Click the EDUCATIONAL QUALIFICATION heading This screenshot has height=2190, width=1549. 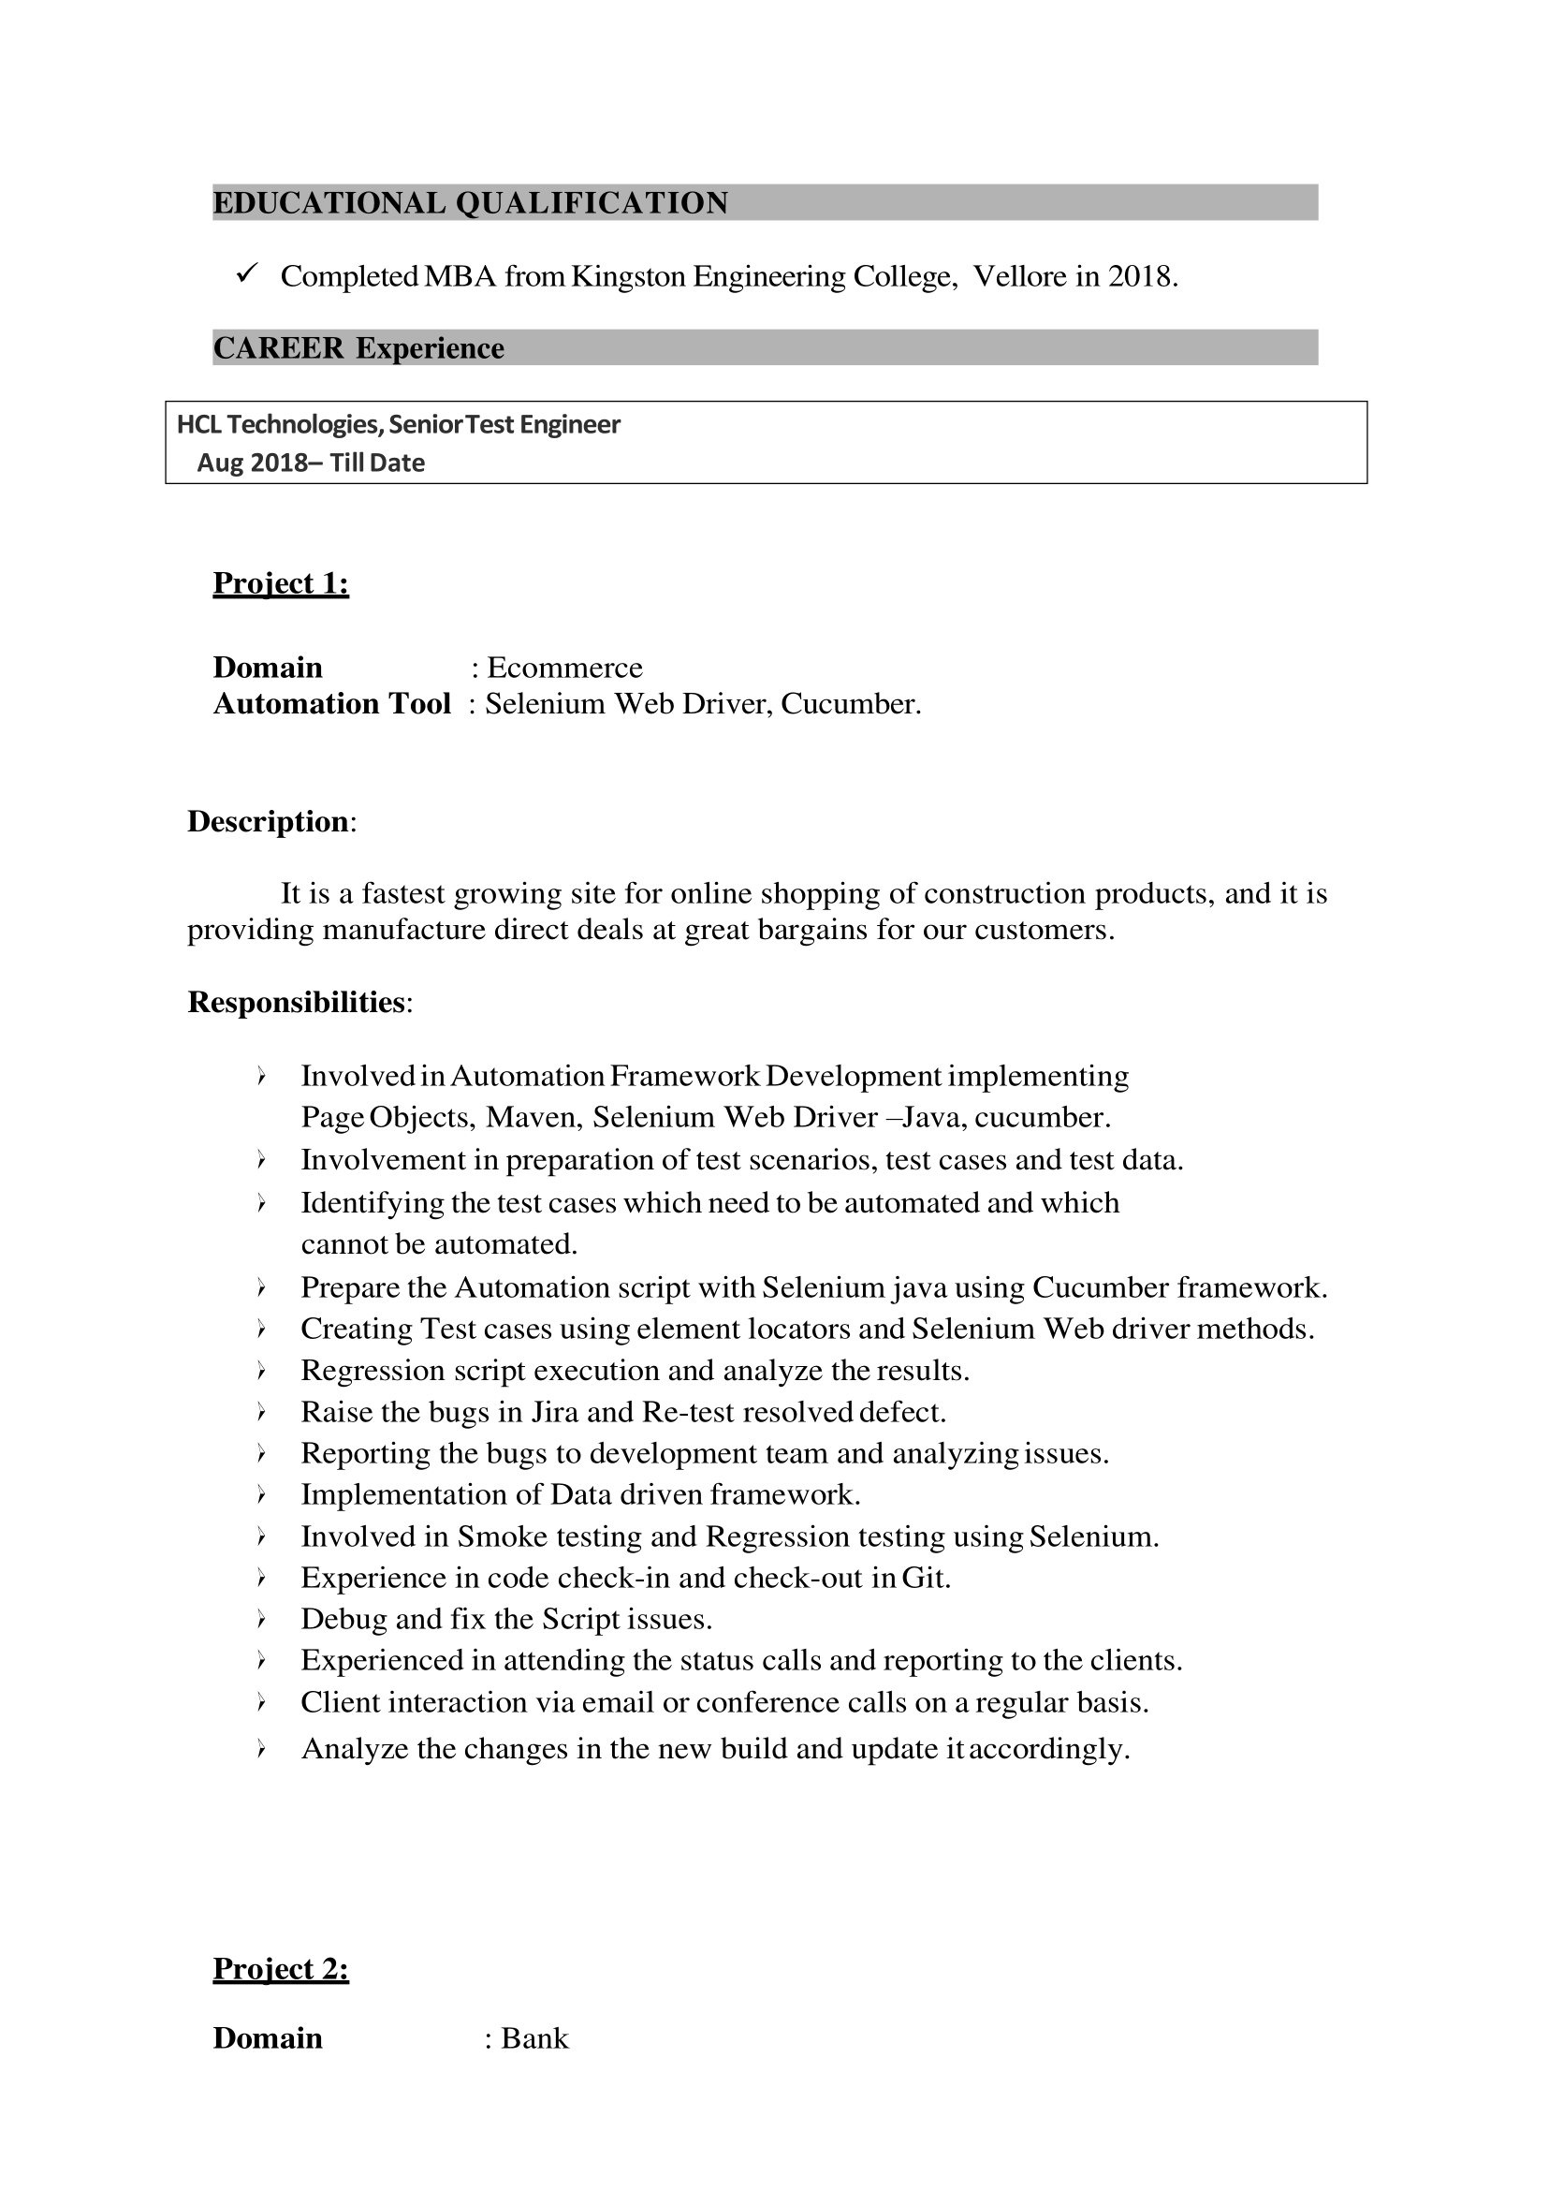pos(470,203)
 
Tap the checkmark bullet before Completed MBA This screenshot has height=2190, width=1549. pos(246,275)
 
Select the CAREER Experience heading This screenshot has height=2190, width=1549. pos(358,348)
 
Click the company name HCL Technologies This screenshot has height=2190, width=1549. pos(280,425)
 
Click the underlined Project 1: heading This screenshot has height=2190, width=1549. pos(281,583)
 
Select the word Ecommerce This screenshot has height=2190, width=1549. pos(564,667)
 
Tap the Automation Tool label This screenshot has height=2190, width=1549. pos(331,704)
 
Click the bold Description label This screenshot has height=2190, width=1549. pos(268,822)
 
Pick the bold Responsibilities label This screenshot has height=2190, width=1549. pos(297,1002)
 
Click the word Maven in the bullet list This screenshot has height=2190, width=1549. pos(534,1117)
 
